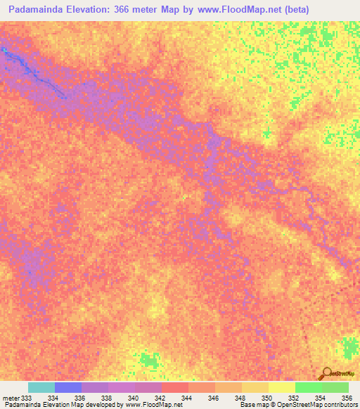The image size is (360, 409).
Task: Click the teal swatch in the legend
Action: pos(41,387)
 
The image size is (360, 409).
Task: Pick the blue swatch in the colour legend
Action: pos(68,387)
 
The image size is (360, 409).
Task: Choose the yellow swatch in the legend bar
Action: pos(282,387)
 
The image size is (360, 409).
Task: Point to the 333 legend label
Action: pos(27,398)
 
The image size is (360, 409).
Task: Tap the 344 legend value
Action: pos(187,398)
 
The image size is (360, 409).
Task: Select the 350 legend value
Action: pos(267,398)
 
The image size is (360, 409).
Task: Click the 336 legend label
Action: pos(80,398)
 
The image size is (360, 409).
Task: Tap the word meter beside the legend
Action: pos(10,398)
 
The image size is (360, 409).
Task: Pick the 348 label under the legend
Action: pos(240,398)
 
